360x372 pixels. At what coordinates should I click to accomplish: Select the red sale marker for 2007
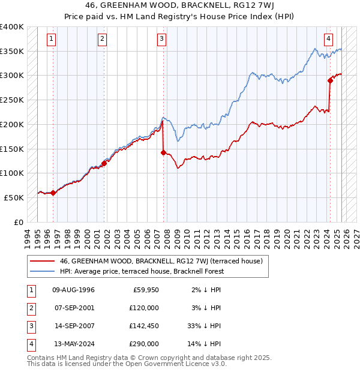pyautogui.click(x=163, y=152)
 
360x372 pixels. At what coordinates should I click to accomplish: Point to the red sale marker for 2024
pyautogui.click(x=330, y=80)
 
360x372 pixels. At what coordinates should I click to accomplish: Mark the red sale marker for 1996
pyautogui.click(x=53, y=193)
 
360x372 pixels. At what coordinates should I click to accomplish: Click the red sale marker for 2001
pyautogui.click(x=104, y=163)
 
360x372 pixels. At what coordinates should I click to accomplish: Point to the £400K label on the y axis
pyautogui.click(x=11, y=27)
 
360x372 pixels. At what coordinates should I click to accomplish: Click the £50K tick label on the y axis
pyautogui.click(x=14, y=197)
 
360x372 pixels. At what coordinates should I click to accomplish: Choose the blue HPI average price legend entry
pyautogui.click(x=142, y=271)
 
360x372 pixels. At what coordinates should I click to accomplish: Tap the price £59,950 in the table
pyautogui.click(x=145, y=290)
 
